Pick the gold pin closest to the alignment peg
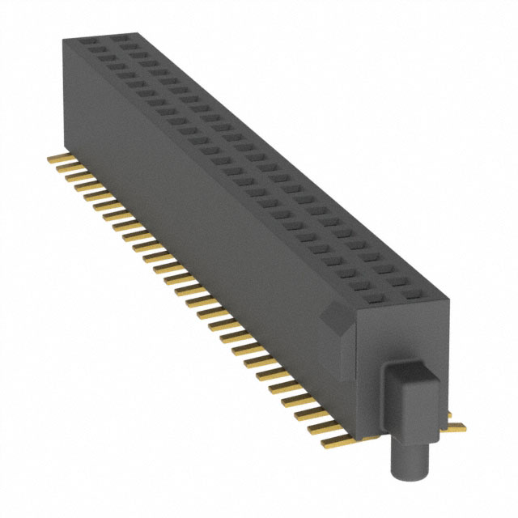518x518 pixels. click(340, 441)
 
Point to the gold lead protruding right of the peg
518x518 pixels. click(455, 423)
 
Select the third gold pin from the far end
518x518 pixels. click(73, 175)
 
